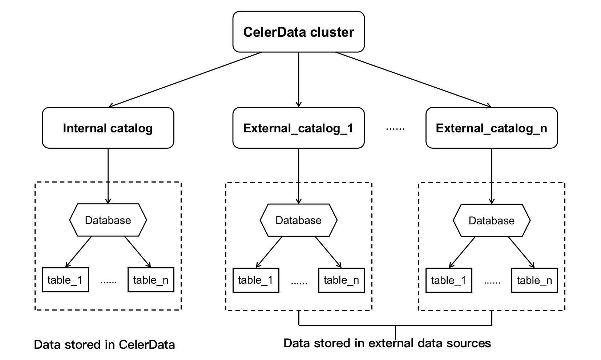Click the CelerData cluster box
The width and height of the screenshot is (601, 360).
(298, 32)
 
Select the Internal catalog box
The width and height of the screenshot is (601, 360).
(108, 128)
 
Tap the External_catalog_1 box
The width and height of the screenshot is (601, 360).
(298, 128)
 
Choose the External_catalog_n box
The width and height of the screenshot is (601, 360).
(491, 128)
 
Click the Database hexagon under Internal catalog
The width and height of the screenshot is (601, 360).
(108, 220)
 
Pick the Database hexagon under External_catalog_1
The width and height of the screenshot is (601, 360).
(298, 220)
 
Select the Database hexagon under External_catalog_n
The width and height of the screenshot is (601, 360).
(491, 220)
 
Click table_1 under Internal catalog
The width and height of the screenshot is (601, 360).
(65, 280)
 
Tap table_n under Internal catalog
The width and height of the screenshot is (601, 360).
(151, 280)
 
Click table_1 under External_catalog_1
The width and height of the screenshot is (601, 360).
(256, 280)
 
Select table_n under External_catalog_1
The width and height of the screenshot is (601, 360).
(341, 280)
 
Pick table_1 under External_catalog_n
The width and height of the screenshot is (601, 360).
(449, 280)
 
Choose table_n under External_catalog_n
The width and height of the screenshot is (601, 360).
(534, 280)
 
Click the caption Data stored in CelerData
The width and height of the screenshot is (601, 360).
(104, 344)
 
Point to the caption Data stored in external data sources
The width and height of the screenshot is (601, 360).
(387, 343)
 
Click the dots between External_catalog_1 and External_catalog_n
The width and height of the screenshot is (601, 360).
(395, 129)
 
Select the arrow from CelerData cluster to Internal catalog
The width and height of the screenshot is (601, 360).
(185, 80)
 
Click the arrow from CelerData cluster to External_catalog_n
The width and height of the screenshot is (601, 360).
(413, 80)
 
